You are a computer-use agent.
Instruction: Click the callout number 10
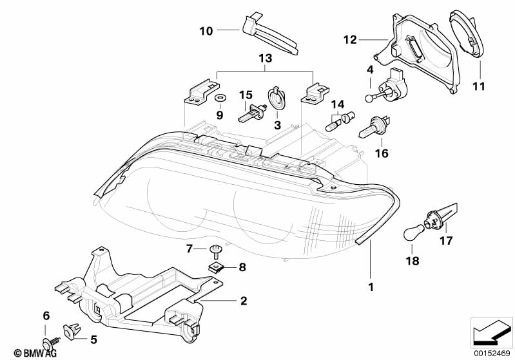click(206, 30)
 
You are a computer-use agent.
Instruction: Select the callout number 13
click(265, 59)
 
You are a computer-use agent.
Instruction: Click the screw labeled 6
click(48, 336)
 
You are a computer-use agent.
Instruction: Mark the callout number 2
click(243, 300)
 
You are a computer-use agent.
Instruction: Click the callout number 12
click(349, 40)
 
